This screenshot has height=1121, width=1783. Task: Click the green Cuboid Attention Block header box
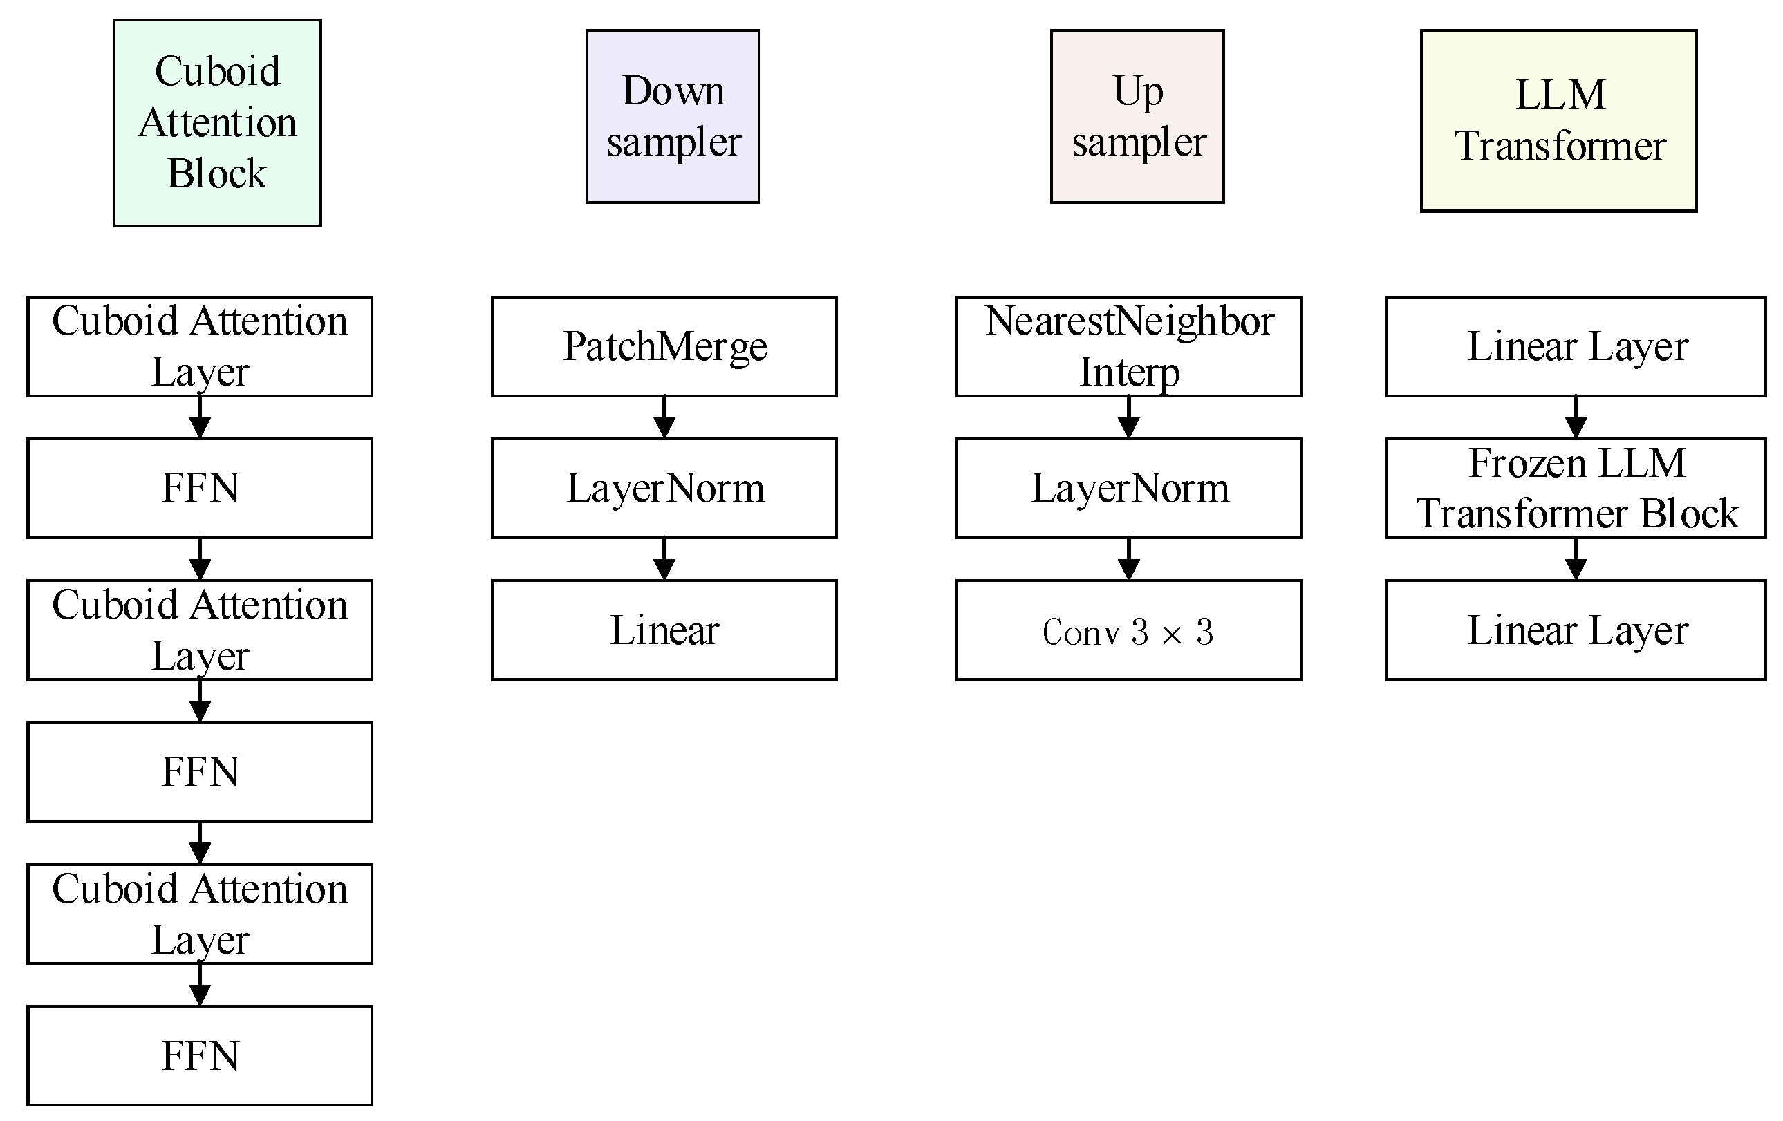tap(217, 123)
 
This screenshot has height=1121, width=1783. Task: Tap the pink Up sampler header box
tap(1137, 116)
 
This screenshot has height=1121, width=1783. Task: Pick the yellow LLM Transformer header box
tap(1558, 121)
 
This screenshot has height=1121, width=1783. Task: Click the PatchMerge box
tap(664, 346)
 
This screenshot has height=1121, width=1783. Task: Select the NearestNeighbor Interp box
tap(1128, 346)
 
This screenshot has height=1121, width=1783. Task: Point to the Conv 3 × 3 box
tap(1128, 630)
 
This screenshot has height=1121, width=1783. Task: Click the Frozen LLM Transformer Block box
tap(1576, 489)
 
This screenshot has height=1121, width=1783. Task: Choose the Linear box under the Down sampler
tap(664, 630)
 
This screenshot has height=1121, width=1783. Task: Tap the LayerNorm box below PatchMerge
tap(664, 489)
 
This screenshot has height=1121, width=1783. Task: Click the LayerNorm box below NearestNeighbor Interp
tap(1128, 489)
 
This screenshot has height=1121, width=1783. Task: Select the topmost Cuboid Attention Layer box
tap(200, 346)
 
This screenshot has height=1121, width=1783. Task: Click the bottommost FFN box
tap(200, 1055)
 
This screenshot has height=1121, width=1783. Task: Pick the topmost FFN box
tap(200, 489)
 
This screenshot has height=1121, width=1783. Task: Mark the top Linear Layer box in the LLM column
tap(1576, 346)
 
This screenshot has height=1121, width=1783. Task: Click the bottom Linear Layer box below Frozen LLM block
tap(1576, 630)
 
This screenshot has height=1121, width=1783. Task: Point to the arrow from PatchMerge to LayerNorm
tap(664, 418)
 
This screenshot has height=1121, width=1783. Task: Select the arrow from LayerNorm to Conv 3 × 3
tap(1128, 560)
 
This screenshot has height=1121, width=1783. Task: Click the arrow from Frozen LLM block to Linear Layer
tap(1576, 560)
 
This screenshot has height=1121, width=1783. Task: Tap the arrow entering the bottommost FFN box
tap(200, 986)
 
